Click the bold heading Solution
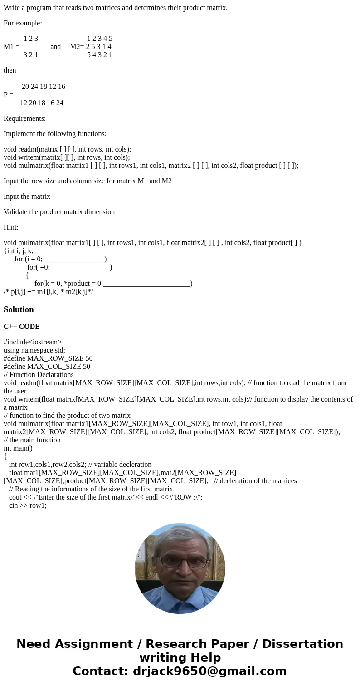19,309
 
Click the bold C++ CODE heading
22,327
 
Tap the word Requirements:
24,118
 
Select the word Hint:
11,227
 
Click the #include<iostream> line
33,342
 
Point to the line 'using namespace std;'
34,350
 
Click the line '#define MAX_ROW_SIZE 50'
48,358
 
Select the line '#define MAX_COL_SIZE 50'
47,367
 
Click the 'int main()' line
18,448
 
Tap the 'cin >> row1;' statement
28,505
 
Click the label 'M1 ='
11,47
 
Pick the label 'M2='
77,47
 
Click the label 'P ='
8,95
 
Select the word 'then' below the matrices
10,70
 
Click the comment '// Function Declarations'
39,375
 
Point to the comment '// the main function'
32,440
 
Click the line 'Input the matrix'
27,196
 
